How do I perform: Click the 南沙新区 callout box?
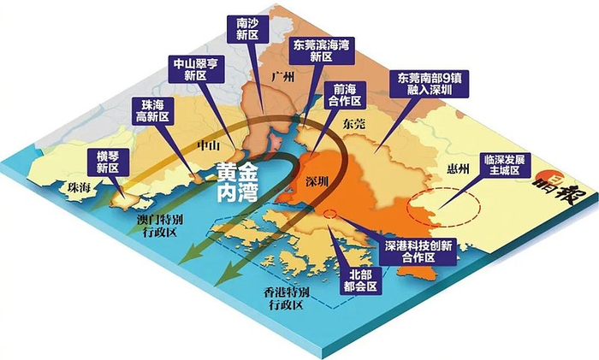247,28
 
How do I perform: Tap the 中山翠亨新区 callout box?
190,68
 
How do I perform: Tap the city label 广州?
282,77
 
